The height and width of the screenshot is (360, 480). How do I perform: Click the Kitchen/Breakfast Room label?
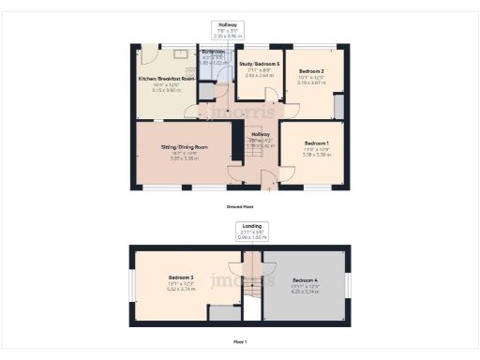click(x=167, y=79)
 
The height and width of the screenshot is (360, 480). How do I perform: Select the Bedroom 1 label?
click(x=312, y=142)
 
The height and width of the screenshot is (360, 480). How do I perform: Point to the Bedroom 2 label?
click(x=311, y=71)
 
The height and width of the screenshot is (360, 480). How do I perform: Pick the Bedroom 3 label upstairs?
click(x=181, y=277)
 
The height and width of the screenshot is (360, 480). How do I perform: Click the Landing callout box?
click(x=251, y=231)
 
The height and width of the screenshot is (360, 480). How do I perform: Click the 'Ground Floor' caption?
click(x=240, y=206)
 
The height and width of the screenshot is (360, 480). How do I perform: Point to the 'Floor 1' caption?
click(x=240, y=342)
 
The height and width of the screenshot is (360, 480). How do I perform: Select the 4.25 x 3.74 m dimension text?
click(x=305, y=292)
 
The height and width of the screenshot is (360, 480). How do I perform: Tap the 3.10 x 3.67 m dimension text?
click(x=311, y=82)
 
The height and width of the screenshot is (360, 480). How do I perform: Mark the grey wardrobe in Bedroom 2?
click(x=338, y=106)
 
